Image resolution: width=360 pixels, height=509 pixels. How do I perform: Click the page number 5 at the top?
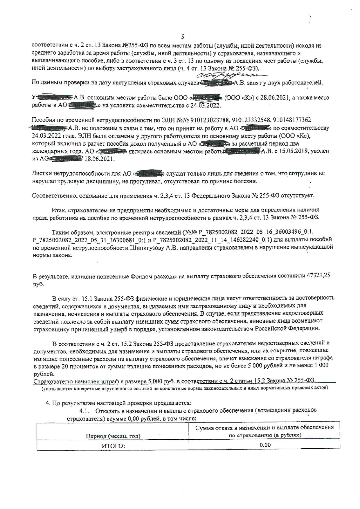(x=182, y=37)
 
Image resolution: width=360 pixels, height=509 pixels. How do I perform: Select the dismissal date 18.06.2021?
(x=100, y=159)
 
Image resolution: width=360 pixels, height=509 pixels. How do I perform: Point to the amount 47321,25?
(x=318, y=276)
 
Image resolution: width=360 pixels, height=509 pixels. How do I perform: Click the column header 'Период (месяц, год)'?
(x=113, y=436)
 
